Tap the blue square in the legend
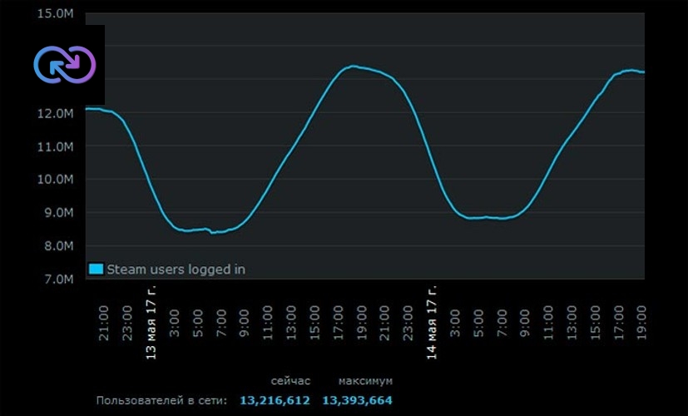96,269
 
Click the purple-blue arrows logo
65,64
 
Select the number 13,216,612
275,401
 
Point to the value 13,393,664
358,401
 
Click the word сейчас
290,381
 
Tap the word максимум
365,381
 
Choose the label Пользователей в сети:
161,401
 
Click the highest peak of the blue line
353,66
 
